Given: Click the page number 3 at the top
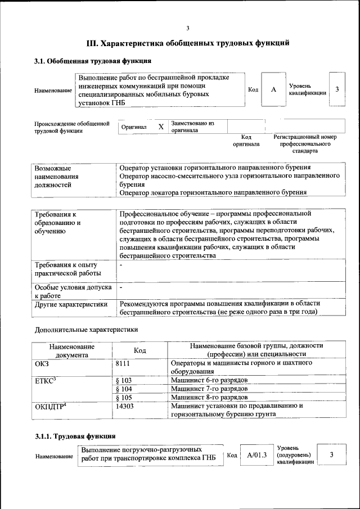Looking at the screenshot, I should tap(188, 28).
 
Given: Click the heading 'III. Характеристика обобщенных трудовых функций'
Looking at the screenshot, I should tap(188, 43).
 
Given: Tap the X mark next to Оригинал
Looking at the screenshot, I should tap(161, 127).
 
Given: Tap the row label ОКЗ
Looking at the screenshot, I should tap(43, 364).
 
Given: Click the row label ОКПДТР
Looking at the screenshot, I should tap(51, 406).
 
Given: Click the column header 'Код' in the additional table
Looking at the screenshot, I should tap(139, 350).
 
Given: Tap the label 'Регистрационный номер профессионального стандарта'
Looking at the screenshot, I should tap(305, 144).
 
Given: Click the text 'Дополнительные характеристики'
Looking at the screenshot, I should tap(85, 329).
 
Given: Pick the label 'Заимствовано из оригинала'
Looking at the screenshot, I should tap(192, 126).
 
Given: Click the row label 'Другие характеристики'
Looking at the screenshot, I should tap(71, 304).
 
